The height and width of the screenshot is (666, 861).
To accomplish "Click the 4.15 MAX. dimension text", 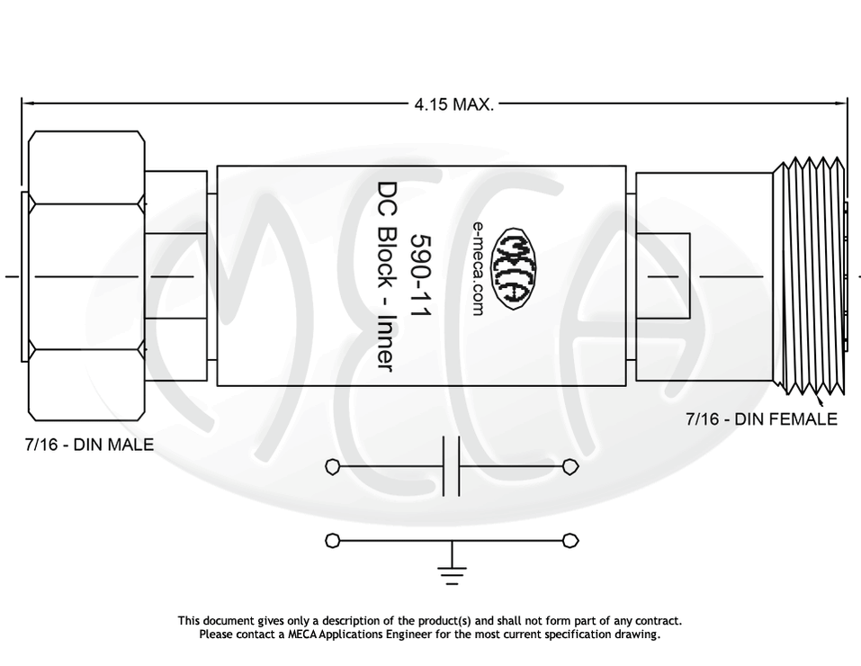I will [x=453, y=104].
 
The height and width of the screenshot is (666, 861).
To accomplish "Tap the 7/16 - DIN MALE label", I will [x=89, y=444].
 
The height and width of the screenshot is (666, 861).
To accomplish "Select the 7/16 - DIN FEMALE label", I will [x=761, y=418].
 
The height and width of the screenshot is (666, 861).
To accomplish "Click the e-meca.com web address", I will [x=477, y=267].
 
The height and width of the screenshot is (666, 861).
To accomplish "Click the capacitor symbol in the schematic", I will [x=452, y=467].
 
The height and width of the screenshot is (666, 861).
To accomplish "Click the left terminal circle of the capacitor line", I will [x=332, y=467].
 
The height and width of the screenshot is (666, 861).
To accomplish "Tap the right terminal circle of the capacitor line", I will [x=570, y=467].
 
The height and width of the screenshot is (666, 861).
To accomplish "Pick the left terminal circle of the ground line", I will [x=332, y=540].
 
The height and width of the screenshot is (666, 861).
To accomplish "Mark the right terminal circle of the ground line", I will [x=570, y=540].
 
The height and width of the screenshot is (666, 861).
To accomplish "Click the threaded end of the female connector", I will [x=812, y=276].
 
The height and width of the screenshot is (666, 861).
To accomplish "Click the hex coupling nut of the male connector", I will [x=85, y=276].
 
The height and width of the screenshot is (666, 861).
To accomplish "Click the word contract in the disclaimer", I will [x=659, y=621].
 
